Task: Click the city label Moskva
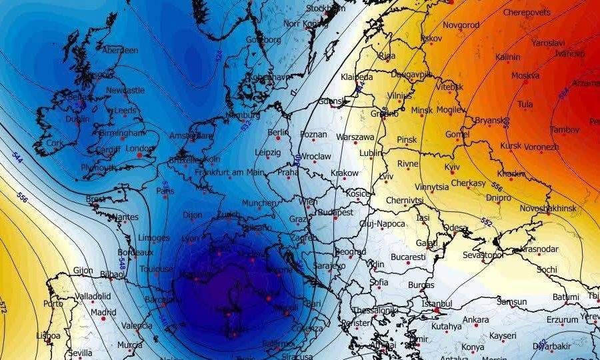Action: pos(525,75)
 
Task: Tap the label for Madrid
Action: pos(103,311)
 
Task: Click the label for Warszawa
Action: pos(355,137)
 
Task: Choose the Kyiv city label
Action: pos(452,167)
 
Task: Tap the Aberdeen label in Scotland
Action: pos(120,51)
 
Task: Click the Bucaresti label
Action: pos(409,256)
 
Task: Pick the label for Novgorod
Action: pos(461,25)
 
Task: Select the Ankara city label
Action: pos(476,319)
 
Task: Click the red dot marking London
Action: pos(139,155)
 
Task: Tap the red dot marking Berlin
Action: pos(278,139)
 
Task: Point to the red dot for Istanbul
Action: pos(436,311)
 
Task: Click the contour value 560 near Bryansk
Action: pos(507,123)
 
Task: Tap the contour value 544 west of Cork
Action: pos(17,156)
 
